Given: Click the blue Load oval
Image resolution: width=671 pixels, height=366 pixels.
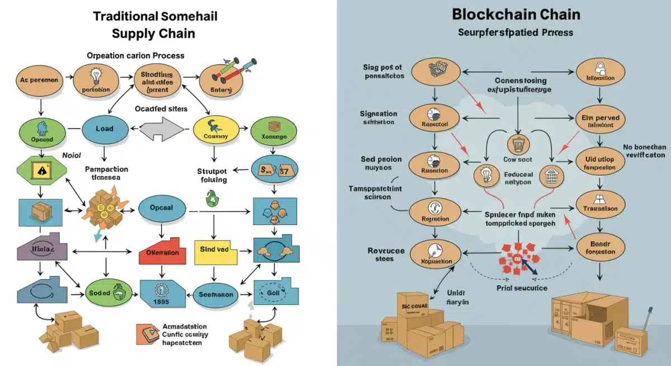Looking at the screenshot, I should [105, 129].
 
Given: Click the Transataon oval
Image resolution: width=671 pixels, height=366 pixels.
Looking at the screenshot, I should [599, 208].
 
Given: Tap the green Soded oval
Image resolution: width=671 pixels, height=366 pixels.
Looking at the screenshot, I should [105, 293].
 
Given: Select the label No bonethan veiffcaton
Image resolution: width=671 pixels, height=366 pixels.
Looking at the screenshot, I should [643, 152].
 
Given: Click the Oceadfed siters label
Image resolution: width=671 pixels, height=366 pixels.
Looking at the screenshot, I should [161, 109].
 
